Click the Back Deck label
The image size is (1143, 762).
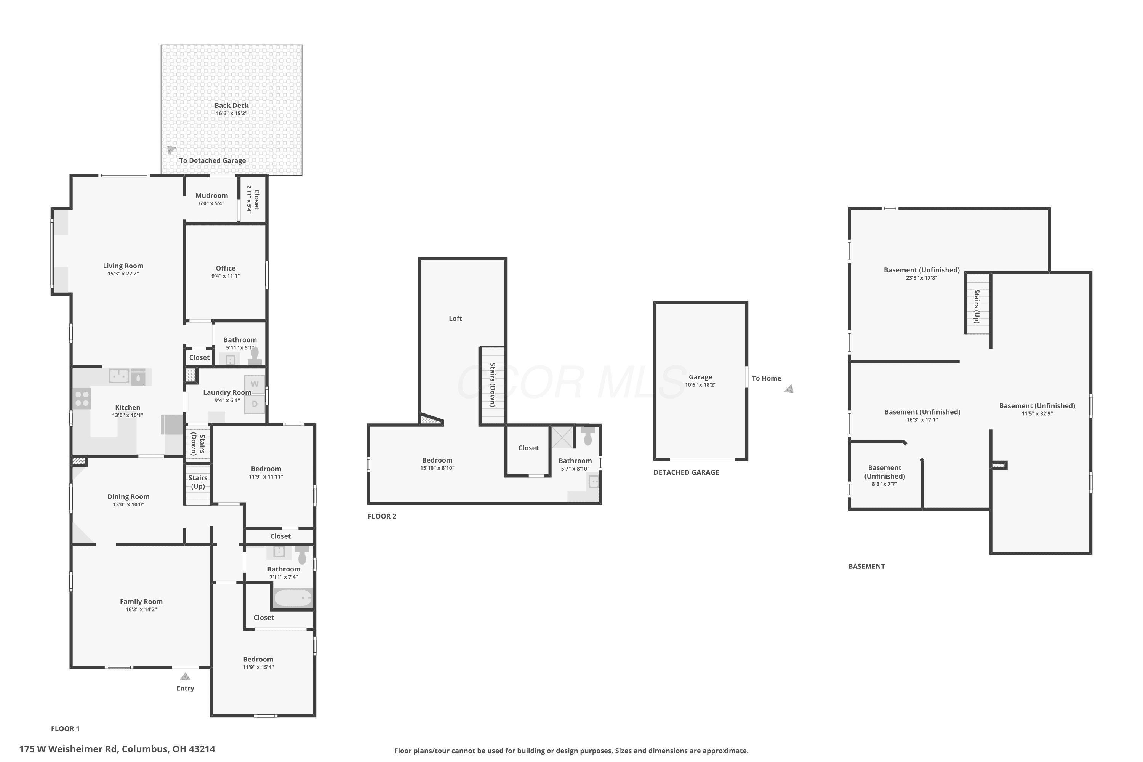tap(231, 106)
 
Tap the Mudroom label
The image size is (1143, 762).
tap(211, 195)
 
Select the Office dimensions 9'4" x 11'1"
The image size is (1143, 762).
tap(226, 276)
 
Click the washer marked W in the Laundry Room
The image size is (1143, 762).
tap(255, 384)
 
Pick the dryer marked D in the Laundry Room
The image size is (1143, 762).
tap(255, 404)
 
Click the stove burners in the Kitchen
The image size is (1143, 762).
tap(82, 399)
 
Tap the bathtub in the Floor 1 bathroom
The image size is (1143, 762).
tap(293, 598)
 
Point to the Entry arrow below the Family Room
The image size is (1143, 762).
tap(185, 677)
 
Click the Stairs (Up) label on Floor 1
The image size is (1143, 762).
tap(198, 482)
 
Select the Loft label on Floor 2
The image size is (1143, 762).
tap(455, 318)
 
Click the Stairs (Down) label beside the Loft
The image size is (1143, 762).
tap(492, 384)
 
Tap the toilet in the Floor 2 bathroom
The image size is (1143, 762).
tap(588, 436)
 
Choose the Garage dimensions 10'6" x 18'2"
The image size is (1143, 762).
tap(700, 385)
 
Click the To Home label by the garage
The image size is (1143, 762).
tap(766, 378)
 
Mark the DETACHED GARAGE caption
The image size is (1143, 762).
tap(686, 472)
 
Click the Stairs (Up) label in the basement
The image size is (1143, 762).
tap(977, 306)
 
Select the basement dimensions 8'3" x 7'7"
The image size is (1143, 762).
tap(884, 484)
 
